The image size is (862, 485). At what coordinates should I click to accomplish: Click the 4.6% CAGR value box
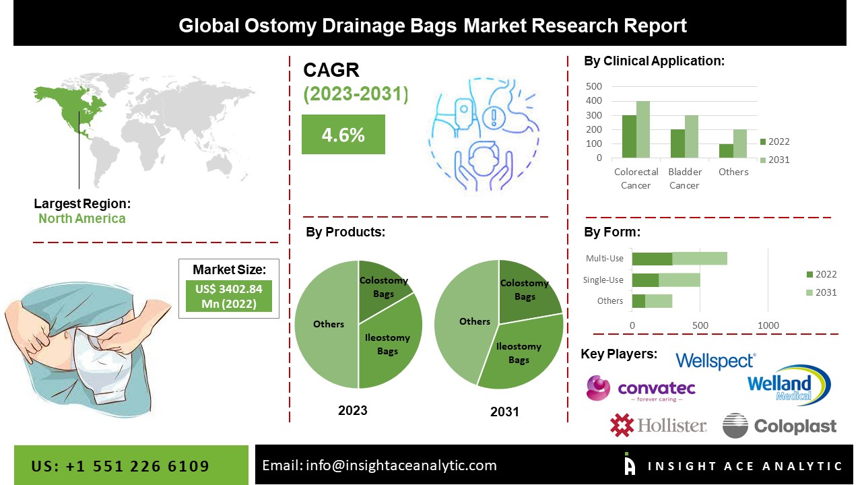[x=343, y=134]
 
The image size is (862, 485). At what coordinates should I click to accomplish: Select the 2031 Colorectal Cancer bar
[x=643, y=129]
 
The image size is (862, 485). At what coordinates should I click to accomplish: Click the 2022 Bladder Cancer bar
[x=677, y=143]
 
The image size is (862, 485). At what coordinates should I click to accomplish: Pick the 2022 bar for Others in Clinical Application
[x=726, y=151]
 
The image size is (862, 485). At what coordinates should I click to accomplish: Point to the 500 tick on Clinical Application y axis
[x=594, y=86]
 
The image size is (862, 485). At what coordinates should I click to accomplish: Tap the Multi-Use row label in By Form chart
[x=605, y=258]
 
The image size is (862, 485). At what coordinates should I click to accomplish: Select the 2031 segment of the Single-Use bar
[x=679, y=280]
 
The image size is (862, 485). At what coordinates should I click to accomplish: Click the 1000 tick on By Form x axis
[x=768, y=325]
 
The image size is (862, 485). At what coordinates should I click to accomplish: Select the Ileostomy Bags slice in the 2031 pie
[x=522, y=354]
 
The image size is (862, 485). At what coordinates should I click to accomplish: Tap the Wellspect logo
[x=715, y=361]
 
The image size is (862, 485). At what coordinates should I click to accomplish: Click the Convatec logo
[x=640, y=389]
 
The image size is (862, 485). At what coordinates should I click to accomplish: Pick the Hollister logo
[x=658, y=425]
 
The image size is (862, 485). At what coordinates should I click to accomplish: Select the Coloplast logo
[x=779, y=426]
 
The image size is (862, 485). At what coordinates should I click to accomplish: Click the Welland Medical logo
[x=789, y=386]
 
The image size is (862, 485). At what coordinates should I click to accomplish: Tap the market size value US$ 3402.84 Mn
[x=228, y=296]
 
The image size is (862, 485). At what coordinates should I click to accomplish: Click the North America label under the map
[x=81, y=218]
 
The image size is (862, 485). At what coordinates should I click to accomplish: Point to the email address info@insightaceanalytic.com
[x=379, y=465]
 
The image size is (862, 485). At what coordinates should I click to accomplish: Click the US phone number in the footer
[x=121, y=466]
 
